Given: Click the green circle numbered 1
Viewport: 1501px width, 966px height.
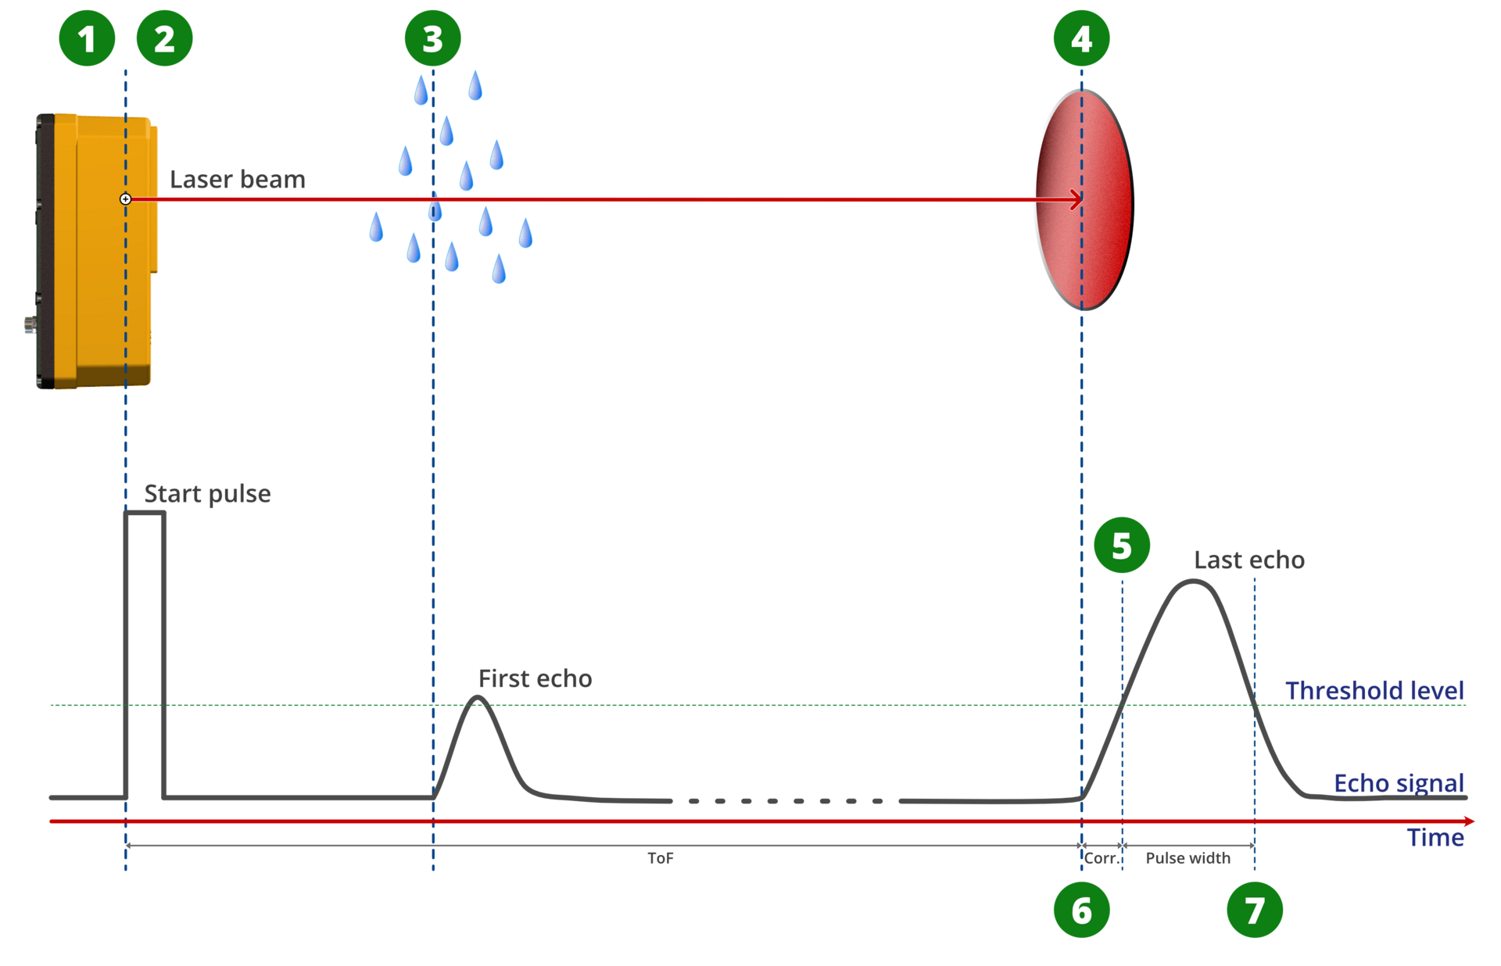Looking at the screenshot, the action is coord(87,38).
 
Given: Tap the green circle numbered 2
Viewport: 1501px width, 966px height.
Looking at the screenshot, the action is coord(164,38).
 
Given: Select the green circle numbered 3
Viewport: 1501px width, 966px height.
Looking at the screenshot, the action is coord(433,38).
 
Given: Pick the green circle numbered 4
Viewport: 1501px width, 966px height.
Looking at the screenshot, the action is coord(1082,38).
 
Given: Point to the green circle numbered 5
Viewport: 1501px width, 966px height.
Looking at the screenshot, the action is coord(1122,545).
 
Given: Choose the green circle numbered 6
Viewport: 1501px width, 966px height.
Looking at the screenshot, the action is coord(1082,910).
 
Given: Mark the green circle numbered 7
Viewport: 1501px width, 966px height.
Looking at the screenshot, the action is coord(1255,910).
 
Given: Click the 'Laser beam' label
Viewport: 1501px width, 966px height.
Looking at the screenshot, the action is coord(238,179).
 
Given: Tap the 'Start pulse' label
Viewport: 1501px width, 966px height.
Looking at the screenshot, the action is coord(207,494).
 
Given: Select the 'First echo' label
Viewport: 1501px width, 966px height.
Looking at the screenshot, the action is coord(536,678).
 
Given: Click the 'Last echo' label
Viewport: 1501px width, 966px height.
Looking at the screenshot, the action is coord(1249,560).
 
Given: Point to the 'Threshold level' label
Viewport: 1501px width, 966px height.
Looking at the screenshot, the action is coord(1374,690).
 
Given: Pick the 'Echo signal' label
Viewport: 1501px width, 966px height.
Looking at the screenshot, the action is coord(1399,783).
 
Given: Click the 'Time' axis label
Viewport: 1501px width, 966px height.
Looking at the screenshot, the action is coord(1435,837).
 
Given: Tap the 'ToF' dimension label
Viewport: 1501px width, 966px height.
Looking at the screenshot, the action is coord(661,858).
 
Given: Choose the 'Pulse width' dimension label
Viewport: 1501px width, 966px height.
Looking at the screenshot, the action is coord(1188,858).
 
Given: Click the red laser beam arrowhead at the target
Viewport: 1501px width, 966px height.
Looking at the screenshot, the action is coord(1077,199).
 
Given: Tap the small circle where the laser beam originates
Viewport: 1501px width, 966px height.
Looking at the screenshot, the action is coord(125,199).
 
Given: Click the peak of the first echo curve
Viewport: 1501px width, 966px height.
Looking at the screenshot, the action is coord(478,697).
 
